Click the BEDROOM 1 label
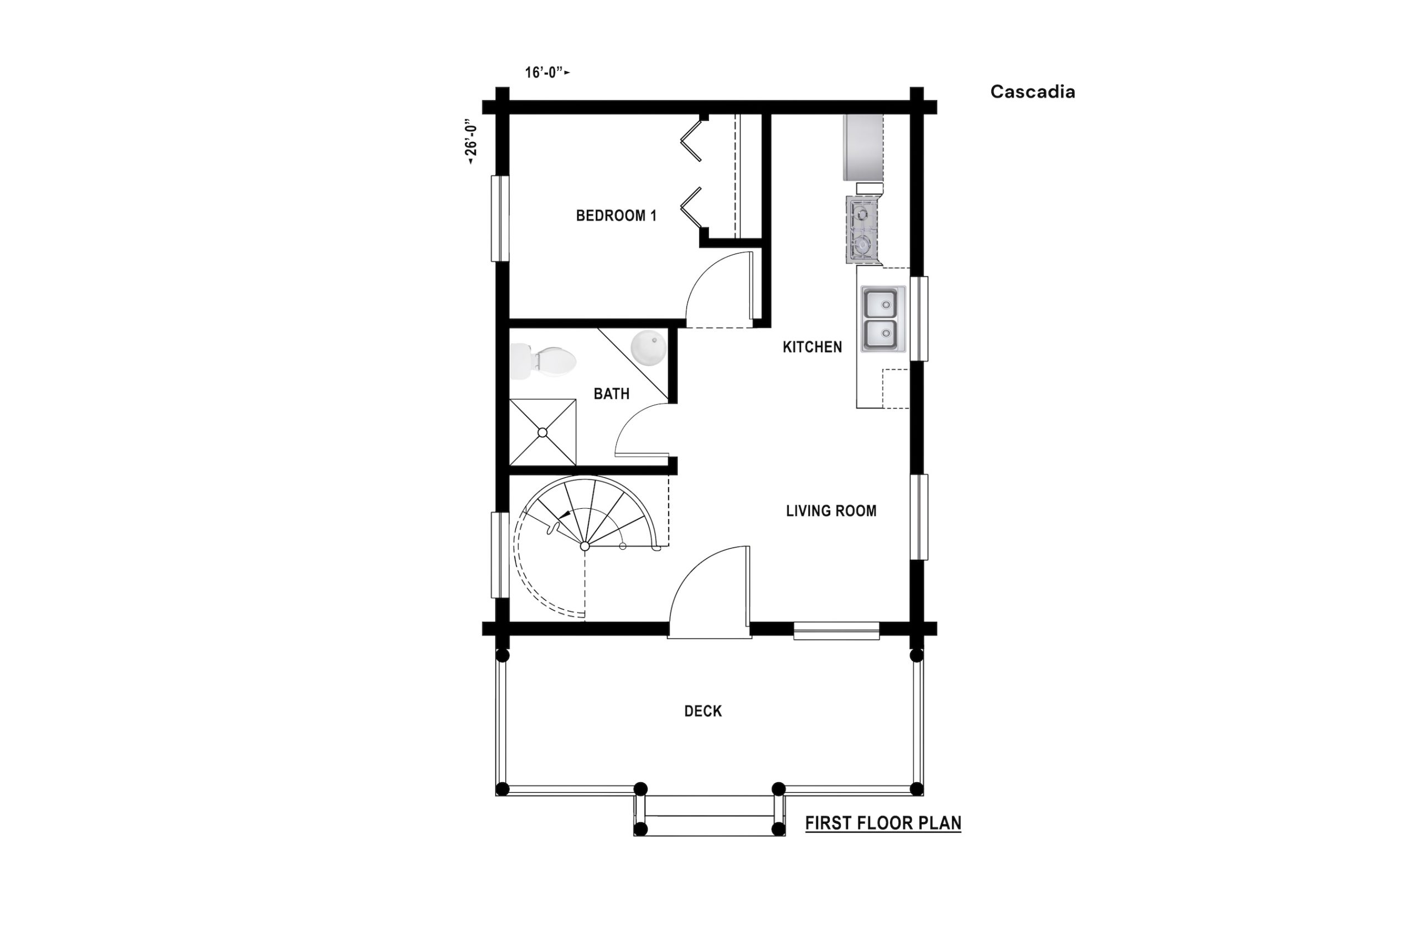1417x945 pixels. (616, 215)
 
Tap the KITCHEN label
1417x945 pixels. (812, 347)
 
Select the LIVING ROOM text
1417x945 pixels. (831, 510)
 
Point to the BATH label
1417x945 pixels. (612, 394)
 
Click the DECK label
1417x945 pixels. (702, 711)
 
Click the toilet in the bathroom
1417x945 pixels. (543, 362)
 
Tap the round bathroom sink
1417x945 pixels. (648, 348)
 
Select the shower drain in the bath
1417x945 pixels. (542, 432)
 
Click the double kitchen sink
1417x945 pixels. (883, 319)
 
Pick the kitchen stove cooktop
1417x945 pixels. (861, 230)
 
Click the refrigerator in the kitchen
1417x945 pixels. (863, 147)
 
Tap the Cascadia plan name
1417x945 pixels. (1033, 91)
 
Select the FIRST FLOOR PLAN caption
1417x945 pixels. (883, 823)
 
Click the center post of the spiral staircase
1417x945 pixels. (585, 546)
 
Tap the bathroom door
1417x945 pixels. (642, 430)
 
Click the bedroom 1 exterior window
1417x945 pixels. (500, 218)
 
